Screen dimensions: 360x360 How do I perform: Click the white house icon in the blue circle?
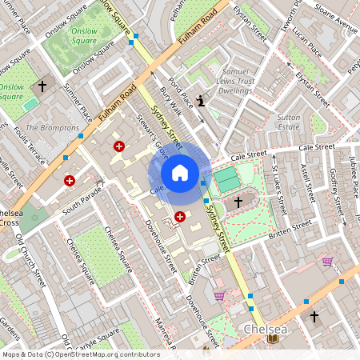(180, 173)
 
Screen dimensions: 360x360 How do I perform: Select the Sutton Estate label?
(288, 121)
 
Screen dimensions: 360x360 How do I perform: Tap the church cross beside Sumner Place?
(42, 84)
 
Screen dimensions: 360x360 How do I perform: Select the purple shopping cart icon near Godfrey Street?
(327, 262)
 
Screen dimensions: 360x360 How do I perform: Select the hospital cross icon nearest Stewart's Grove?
(119, 146)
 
